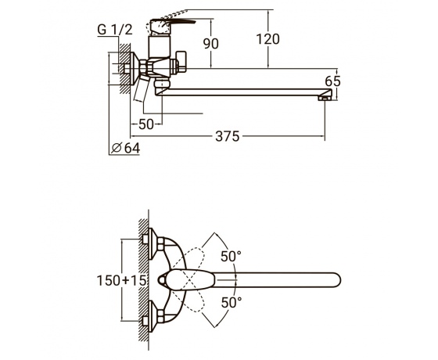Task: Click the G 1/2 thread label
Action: pyautogui.click(x=115, y=30)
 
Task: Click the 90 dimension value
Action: pyautogui.click(x=210, y=44)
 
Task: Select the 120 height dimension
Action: pyautogui.click(x=267, y=39)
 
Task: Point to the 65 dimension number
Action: pyautogui.click(x=332, y=81)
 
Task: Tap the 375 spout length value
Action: pyautogui.click(x=228, y=136)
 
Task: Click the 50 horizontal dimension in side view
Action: pyautogui.click(x=146, y=124)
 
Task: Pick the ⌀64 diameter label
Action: pyautogui.click(x=125, y=148)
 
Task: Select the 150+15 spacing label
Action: pyautogui.click(x=121, y=280)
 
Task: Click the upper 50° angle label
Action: pyautogui.click(x=231, y=256)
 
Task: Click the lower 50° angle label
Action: pyautogui.click(x=232, y=302)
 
